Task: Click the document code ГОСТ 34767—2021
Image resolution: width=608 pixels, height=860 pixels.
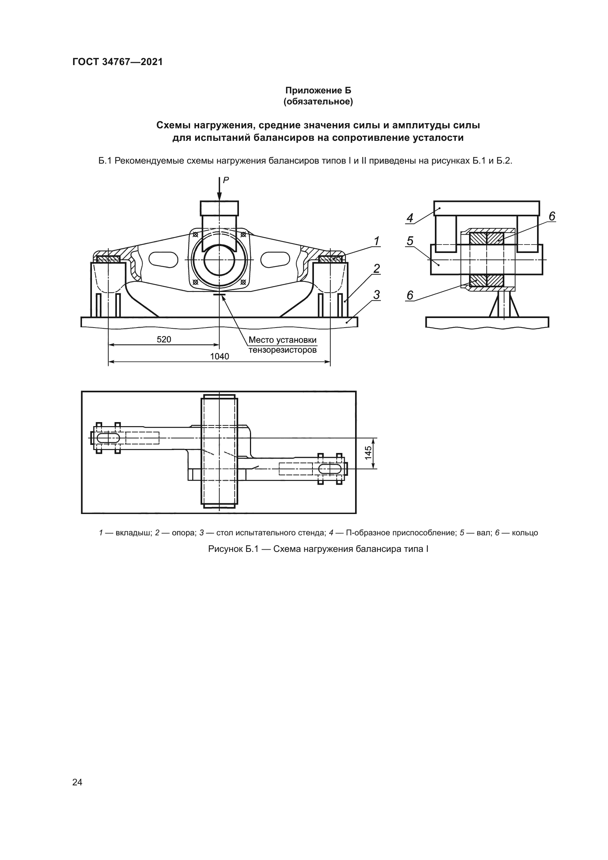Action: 118,62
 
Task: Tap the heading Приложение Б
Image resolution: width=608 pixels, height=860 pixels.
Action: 318,90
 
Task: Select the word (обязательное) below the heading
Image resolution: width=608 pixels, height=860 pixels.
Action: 318,101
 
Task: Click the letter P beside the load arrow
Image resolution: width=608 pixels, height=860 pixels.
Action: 226,180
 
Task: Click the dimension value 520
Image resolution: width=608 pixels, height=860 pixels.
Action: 164,339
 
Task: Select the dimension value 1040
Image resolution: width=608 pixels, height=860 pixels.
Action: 219,356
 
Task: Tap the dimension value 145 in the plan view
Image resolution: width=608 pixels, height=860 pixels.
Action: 368,453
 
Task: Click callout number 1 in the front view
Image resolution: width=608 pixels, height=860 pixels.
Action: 376,241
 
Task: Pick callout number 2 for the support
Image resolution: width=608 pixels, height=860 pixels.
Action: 376,268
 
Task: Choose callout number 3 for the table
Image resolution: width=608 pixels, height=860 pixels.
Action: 376,295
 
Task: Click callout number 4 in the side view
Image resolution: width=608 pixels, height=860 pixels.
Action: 410,218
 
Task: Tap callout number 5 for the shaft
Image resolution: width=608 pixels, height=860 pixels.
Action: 410,241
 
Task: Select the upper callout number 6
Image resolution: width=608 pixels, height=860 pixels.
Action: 552,216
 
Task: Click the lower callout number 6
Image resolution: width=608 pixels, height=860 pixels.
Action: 410,296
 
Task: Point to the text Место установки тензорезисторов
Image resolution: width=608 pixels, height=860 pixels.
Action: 282,345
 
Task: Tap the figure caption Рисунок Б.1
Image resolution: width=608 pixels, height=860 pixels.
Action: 318,549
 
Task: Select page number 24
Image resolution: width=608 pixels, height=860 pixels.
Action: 78,782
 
